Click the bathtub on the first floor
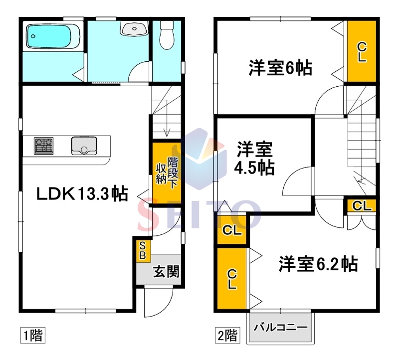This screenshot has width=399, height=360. [53, 36]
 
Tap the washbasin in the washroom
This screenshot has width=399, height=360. [135, 28]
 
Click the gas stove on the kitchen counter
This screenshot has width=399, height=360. [44, 146]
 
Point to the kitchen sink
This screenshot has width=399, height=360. [84, 146]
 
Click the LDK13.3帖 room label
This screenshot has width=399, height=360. [82, 194]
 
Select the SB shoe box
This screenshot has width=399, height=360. [143, 251]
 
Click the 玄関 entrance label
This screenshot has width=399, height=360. [166, 272]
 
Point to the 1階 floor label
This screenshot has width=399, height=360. [33, 335]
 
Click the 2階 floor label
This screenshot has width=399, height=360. [227, 336]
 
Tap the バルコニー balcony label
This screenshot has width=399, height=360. [280, 327]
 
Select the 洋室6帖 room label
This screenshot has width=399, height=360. [280, 68]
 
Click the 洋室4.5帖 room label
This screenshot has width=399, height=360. [254, 159]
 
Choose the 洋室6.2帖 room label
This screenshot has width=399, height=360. [318, 264]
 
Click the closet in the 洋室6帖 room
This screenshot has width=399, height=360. [362, 51]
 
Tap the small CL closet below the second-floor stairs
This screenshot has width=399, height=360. [362, 205]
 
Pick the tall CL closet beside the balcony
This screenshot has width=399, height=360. [232, 279]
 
